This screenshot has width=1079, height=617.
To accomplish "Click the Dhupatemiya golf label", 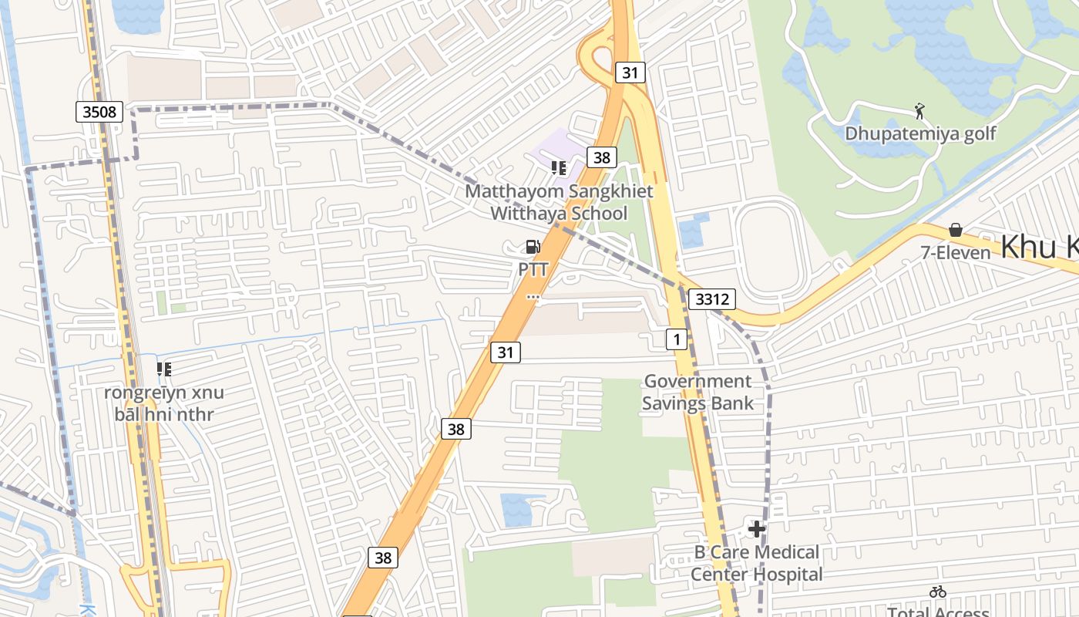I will coord(920,133).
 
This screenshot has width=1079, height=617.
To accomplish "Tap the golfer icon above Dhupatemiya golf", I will coord(919,112).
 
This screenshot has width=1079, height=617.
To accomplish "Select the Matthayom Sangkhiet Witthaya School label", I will coord(560,202).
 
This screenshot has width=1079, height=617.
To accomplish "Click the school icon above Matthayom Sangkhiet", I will coord(559,167).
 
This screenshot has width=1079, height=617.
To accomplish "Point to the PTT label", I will coord(533,269).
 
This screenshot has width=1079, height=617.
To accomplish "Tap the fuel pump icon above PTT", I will coord(533,247).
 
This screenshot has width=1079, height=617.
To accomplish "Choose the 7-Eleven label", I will coord(956,252).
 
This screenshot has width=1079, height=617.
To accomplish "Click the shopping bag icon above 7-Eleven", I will coord(956,230).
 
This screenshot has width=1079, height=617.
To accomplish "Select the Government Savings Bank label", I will coord(697,392).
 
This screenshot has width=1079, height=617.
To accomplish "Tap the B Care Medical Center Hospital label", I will coord(756,563).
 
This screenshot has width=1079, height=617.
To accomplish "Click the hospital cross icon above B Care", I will coord(757,529).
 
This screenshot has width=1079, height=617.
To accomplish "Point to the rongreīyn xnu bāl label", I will coord(164,403).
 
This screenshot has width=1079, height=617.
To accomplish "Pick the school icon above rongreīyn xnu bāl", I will coord(164,369).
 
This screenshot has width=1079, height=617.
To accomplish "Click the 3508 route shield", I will coord(100,112).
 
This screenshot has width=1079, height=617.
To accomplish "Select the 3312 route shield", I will coord(711,298).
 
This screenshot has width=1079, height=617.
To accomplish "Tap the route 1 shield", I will coord(676,339).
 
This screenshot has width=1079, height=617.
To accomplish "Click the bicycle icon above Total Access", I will coord(938,592).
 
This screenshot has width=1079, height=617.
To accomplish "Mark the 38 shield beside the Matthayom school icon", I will coord(601,157).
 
